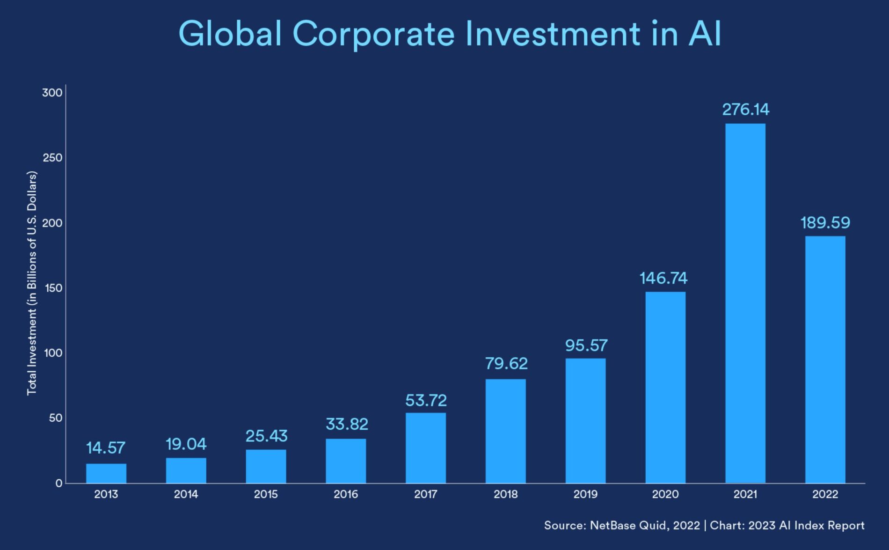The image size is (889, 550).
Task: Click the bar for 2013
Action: pyautogui.click(x=106, y=473)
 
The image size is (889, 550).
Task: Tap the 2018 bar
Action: pyautogui.click(x=505, y=431)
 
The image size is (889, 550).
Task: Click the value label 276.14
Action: pyautogui.click(x=745, y=110)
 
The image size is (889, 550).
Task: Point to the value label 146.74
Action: pyautogui.click(x=663, y=279)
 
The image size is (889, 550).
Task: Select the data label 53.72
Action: pyautogui.click(x=426, y=401)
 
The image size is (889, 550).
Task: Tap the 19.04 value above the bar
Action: pyautogui.click(x=186, y=444)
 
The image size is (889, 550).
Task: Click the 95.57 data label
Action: pyautogui.click(x=586, y=345)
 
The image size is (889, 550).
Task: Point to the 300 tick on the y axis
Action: pyautogui.click(x=52, y=93)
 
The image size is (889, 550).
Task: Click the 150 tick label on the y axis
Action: pyautogui.click(x=52, y=288)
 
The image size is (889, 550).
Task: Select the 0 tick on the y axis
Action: pyautogui.click(x=58, y=483)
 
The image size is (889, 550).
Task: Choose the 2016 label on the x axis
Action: pyautogui.click(x=346, y=494)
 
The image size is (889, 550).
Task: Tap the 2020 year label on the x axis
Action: pyautogui.click(x=665, y=494)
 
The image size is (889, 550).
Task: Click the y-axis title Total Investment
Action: pyautogui.click(x=31, y=283)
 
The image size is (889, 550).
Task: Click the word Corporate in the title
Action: pyautogui.click(x=373, y=34)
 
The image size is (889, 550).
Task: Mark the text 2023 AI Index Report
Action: pyautogui.click(x=806, y=525)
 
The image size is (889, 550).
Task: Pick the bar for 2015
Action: pyautogui.click(x=266, y=466)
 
